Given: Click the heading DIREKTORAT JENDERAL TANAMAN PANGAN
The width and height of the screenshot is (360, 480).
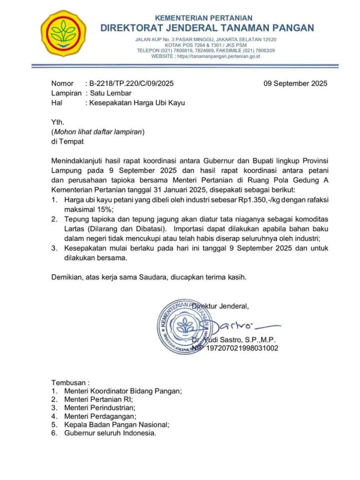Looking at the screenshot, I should (x=207, y=28).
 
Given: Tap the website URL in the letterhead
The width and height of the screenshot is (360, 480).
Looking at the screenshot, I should (x=218, y=56).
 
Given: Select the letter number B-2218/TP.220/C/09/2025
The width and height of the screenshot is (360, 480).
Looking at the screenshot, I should (x=131, y=83).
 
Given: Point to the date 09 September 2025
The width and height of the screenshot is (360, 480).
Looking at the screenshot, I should (x=295, y=83).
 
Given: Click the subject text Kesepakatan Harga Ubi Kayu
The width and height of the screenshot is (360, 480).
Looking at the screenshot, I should (x=137, y=103).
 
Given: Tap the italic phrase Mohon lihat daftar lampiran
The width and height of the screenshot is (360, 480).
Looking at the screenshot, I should (x=98, y=132).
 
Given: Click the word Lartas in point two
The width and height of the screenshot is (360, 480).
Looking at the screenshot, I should (x=74, y=229).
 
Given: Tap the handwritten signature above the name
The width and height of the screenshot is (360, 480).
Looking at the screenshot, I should (x=240, y=325).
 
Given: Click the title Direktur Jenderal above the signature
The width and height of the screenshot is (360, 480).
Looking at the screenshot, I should (x=220, y=306).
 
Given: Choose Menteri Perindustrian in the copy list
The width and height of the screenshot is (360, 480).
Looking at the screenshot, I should (x=99, y=408).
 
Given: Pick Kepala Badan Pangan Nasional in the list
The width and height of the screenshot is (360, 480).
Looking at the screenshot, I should (x=117, y=424).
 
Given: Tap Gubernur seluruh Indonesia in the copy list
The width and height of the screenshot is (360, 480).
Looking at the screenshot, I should (x=110, y=433).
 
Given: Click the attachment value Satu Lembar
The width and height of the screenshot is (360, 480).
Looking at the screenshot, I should (x=111, y=93).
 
